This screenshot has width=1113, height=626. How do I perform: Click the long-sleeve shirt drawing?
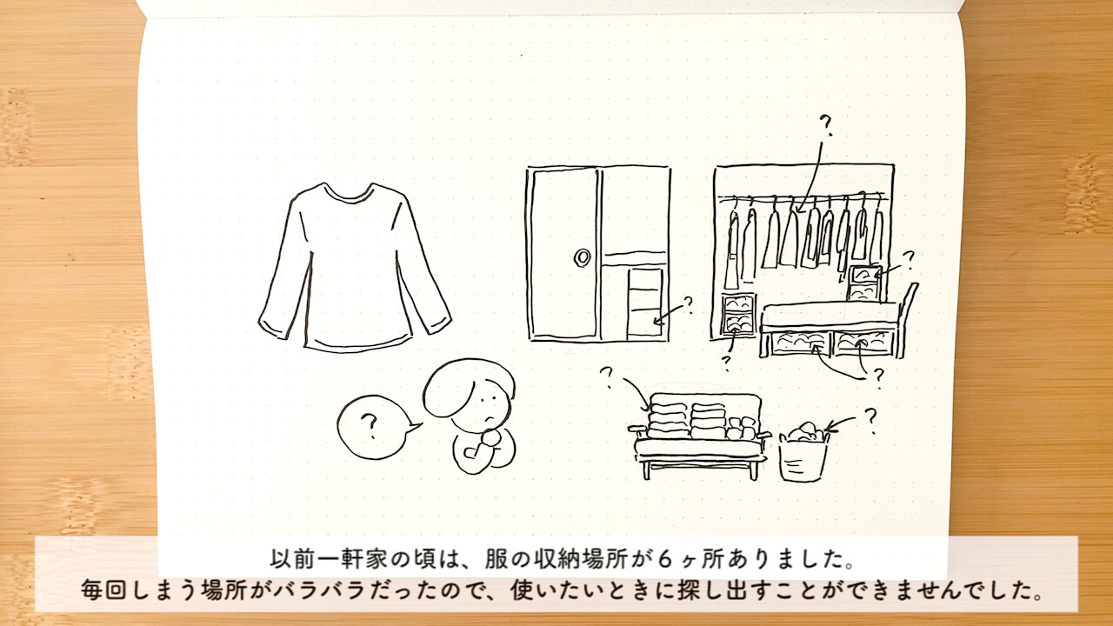pos(355,269)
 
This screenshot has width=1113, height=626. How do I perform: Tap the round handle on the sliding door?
pos(582,256)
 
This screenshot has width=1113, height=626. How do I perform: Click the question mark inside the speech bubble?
pos(370,426)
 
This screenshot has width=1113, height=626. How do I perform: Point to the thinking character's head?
pos(470,392)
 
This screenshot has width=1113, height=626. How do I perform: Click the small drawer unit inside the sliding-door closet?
pos(645,303)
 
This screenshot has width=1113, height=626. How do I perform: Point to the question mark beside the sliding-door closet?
pos(688,304)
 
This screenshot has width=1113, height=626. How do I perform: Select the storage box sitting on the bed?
pos(864,283)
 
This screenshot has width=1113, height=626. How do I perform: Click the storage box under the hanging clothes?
pos(738,314)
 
